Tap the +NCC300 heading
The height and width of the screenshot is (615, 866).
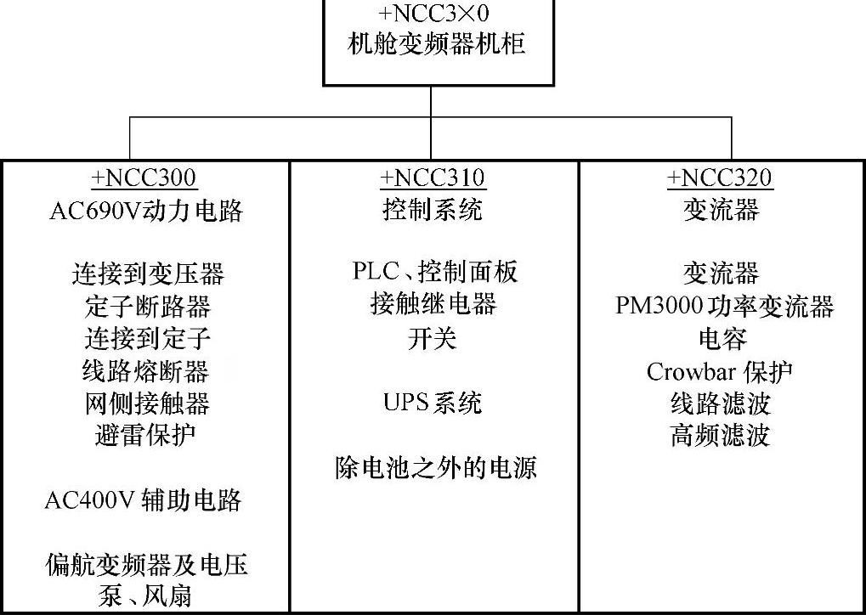click(144, 178)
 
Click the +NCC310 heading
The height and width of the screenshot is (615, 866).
click(433, 178)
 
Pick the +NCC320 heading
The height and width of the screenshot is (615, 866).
click(721, 178)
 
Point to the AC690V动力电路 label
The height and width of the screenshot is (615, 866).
click(146, 211)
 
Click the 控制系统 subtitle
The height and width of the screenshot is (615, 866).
click(433, 210)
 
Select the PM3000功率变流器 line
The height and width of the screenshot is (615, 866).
click(725, 306)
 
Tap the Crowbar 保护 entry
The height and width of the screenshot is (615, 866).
click(720, 371)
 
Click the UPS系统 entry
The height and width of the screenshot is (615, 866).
click(433, 403)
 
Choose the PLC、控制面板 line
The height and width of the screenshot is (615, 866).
click(434, 272)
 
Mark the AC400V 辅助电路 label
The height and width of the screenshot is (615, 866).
click(144, 500)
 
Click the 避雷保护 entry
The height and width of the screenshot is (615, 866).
click(146, 436)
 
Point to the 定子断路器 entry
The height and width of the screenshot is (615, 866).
click(148, 306)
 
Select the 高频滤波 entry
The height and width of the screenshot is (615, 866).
click(720, 436)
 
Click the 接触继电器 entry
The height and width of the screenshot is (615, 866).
click(433, 304)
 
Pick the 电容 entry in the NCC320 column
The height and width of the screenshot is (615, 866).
click(722, 339)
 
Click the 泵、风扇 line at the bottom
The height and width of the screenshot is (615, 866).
click(146, 595)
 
